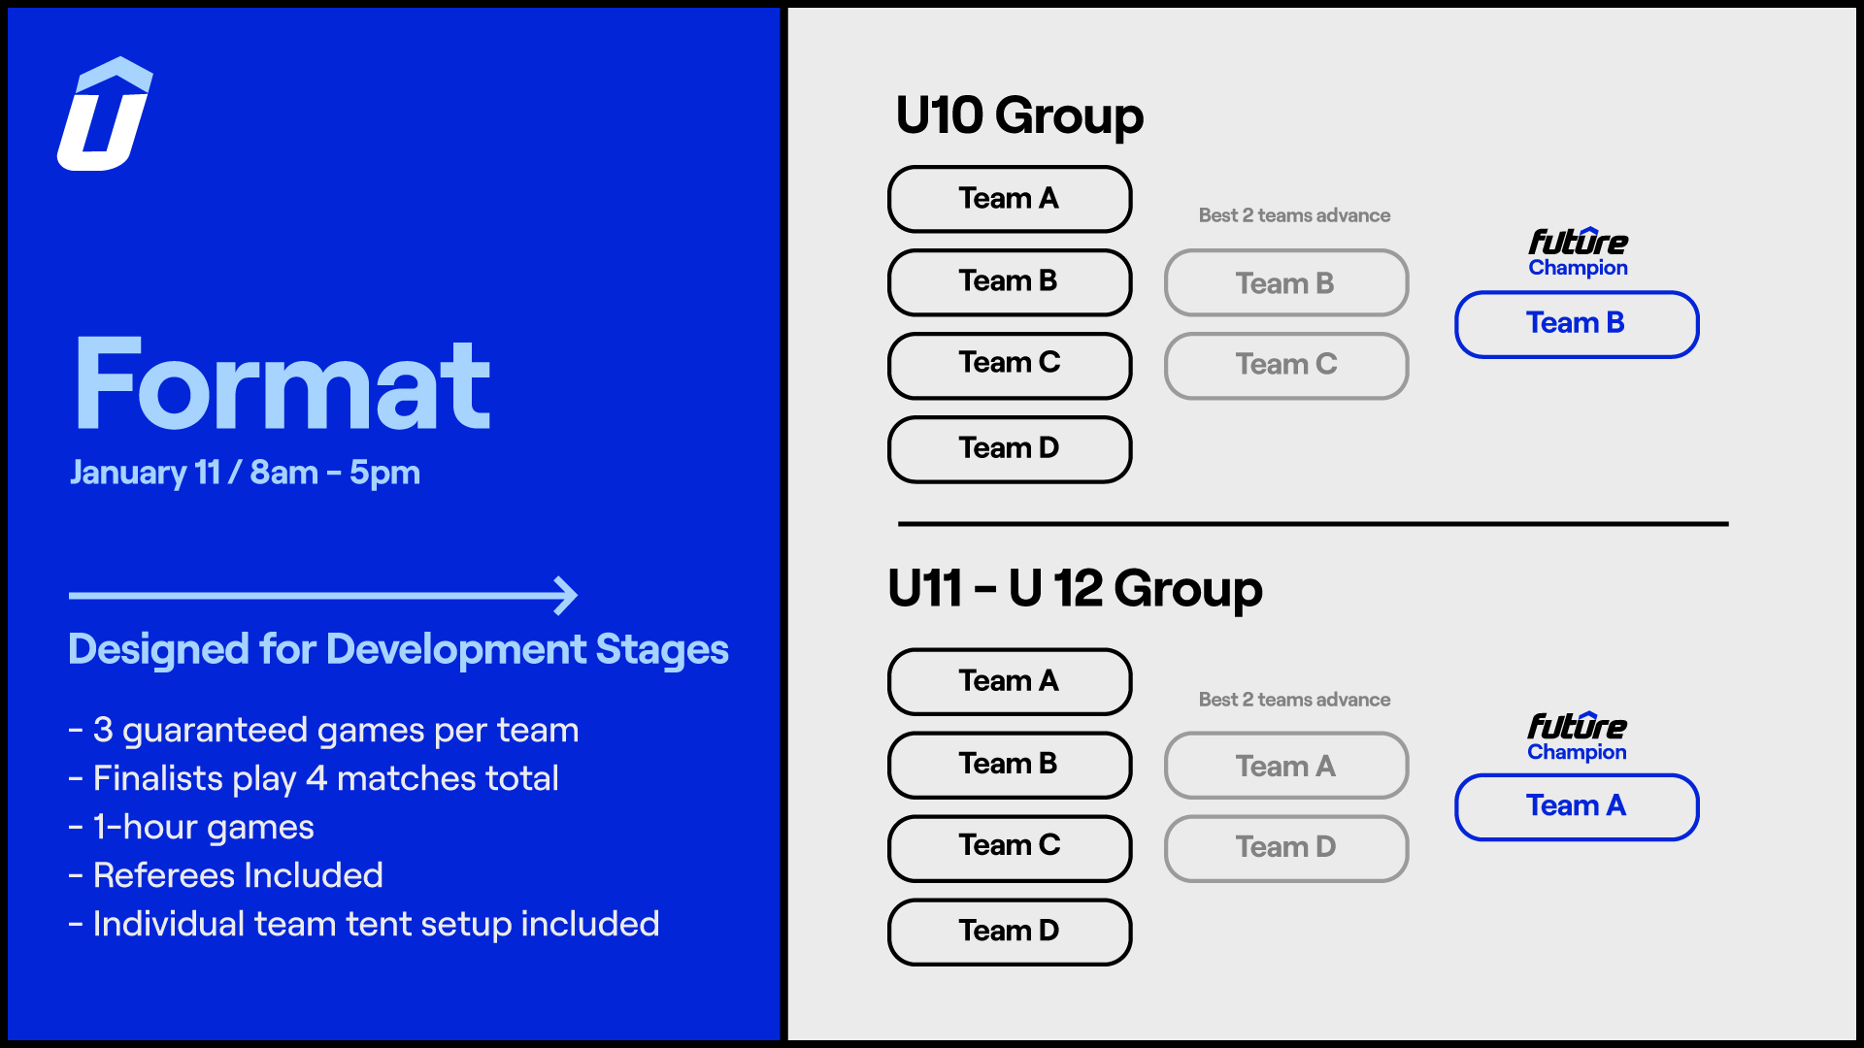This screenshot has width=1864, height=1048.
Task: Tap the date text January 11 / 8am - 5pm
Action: point(245,473)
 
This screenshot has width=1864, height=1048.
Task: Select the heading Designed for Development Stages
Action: point(398,649)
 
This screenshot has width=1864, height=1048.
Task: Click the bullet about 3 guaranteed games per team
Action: point(324,730)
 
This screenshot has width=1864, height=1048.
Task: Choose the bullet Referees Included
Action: point(226,875)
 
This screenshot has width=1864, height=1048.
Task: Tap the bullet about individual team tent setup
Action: point(364,924)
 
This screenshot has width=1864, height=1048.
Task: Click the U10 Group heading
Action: point(1019,116)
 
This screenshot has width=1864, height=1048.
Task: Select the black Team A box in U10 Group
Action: point(1010,199)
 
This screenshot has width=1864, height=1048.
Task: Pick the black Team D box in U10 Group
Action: point(1010,449)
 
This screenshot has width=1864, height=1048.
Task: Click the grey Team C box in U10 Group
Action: point(1286,366)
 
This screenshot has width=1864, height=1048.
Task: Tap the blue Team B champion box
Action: point(1577,324)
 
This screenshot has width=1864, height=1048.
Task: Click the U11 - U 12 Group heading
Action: point(1075,589)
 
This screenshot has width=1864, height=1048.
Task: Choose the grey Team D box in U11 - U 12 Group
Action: point(1286,848)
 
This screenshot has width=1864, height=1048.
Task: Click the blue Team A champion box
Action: point(1577,806)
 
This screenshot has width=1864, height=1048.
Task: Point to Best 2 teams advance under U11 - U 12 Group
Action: point(1294,700)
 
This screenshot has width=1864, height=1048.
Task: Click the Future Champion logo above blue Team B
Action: point(1578,252)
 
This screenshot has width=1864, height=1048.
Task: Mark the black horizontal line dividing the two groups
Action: point(1314,524)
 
